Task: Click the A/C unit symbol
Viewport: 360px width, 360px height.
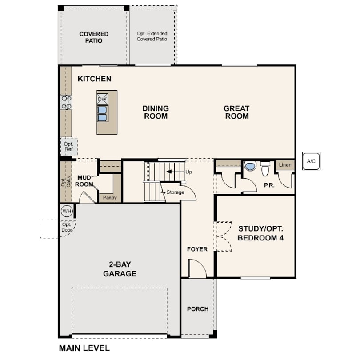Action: (x=311, y=161)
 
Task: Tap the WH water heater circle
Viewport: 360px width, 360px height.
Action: (x=67, y=211)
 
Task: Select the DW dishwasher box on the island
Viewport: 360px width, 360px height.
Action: (x=102, y=99)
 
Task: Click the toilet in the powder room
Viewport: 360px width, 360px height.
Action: (x=265, y=168)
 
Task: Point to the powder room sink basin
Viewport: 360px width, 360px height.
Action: (x=250, y=166)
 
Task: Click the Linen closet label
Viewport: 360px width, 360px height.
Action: (x=285, y=165)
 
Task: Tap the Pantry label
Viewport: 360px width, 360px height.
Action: (x=110, y=198)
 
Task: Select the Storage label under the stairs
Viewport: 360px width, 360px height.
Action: (x=176, y=192)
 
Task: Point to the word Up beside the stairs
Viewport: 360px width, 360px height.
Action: (x=188, y=172)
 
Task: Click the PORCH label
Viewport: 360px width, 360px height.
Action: (x=198, y=309)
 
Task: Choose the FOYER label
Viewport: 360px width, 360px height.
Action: (x=197, y=249)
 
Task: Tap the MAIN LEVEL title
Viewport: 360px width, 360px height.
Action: (x=84, y=348)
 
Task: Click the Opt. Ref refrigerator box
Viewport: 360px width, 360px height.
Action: (x=68, y=147)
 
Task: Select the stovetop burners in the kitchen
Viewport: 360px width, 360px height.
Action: (x=67, y=102)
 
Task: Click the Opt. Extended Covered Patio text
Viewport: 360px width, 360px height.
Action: (x=152, y=36)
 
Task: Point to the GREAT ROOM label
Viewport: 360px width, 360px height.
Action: (x=237, y=112)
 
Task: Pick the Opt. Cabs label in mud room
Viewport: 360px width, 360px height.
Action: (x=66, y=182)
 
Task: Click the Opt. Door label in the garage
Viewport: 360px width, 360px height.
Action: (x=67, y=227)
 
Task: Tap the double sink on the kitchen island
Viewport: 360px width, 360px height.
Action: (x=102, y=114)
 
